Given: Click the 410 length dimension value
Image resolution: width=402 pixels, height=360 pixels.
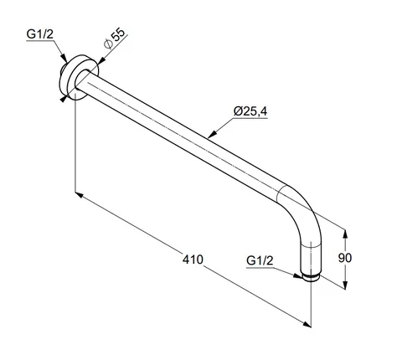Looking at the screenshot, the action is [x=193, y=260].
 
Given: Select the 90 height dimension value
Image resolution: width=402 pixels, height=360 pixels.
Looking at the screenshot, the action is [x=345, y=258].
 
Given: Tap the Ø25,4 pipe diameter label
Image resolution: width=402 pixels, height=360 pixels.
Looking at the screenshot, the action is [x=250, y=111].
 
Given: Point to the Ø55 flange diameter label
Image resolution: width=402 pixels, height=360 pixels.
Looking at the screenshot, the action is [x=114, y=39].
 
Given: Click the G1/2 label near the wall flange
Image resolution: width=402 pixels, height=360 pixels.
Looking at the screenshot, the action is [x=39, y=34].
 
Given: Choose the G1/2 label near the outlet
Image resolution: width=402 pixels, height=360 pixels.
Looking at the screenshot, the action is [x=260, y=260].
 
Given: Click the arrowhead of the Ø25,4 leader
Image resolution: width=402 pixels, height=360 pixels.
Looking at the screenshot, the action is [x=212, y=134].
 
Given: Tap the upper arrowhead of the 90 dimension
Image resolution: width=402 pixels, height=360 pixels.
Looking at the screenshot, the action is [x=345, y=234].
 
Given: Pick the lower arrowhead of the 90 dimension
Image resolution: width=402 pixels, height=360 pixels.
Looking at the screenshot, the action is [x=345, y=285].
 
